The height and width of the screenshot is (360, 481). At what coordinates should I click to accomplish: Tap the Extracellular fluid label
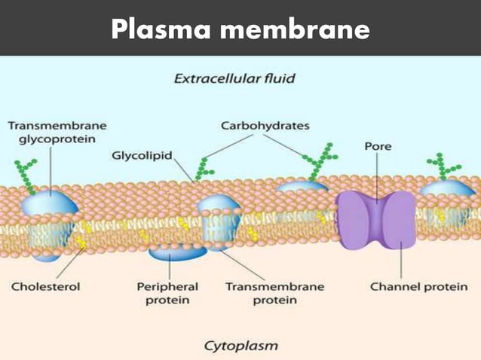[x=234, y=78]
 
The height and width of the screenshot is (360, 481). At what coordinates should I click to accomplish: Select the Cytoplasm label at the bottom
[x=240, y=346]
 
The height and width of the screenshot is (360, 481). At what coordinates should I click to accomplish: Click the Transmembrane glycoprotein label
[x=57, y=133]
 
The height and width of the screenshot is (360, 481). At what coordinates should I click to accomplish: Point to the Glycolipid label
[x=142, y=156]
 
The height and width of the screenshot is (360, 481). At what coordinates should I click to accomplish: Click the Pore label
[x=378, y=146]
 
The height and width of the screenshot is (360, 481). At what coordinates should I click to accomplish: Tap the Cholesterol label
[x=45, y=287]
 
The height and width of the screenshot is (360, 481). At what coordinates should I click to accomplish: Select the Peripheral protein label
[x=167, y=293]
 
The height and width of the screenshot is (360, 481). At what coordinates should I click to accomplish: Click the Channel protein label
[x=418, y=287]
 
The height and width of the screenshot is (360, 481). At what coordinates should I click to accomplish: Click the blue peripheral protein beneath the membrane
[x=172, y=252]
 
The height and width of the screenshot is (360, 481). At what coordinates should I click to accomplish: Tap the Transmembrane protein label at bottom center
[x=274, y=293]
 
